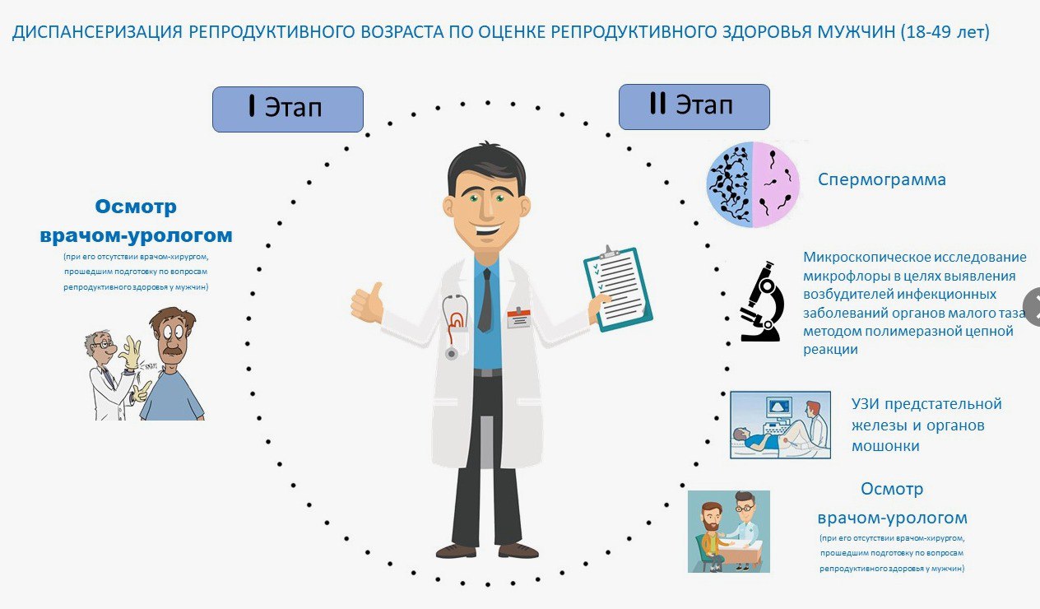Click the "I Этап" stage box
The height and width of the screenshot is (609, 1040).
(288, 109)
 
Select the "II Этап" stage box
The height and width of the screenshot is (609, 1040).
(694, 107)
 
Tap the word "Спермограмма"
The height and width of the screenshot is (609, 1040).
(882, 179)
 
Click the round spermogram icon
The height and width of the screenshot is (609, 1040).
(753, 184)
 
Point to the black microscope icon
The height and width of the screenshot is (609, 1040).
(762, 301)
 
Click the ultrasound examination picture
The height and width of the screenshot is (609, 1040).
(780, 425)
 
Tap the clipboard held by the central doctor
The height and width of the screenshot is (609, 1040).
(618, 289)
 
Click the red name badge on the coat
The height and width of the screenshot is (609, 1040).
(518, 318)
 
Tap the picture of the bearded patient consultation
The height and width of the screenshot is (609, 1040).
(728, 532)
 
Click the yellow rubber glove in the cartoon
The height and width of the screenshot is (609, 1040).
(130, 353)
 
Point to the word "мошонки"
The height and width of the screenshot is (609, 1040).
(885, 446)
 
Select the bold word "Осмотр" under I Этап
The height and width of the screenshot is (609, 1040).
(136, 207)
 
